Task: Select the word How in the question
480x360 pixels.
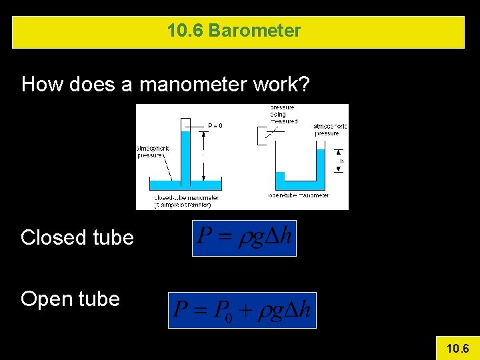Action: pyautogui.click(x=43, y=85)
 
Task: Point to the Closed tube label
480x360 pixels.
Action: pyautogui.click(x=77, y=237)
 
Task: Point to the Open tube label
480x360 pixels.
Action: pyautogui.click(x=70, y=299)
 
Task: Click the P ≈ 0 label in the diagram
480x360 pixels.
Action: pyautogui.click(x=215, y=125)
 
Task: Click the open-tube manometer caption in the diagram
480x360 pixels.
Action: pyautogui.click(x=298, y=195)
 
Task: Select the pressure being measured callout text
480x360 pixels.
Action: pyautogui.click(x=283, y=114)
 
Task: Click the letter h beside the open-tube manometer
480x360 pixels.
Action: pyautogui.click(x=341, y=161)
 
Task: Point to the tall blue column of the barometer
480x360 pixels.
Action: pyautogui.click(x=187, y=153)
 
